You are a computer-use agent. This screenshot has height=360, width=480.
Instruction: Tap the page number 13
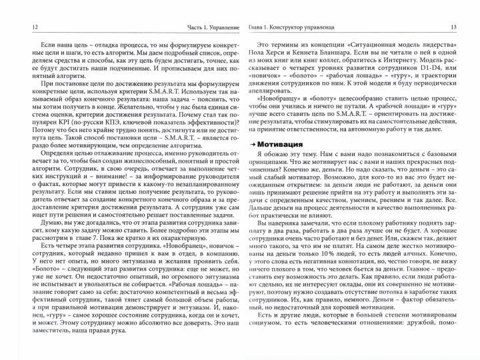click(x=453, y=26)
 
